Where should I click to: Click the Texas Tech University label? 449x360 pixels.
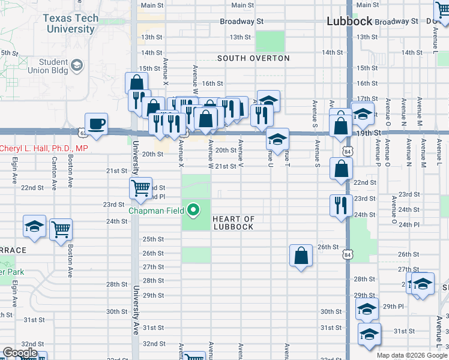click(x=70, y=23)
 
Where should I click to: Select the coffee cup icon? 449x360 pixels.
click(x=97, y=124)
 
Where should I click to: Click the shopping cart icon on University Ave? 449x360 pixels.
click(x=141, y=187)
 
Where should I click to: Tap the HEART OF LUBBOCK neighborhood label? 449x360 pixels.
click(x=233, y=223)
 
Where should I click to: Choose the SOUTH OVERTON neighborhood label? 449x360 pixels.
click(x=253, y=58)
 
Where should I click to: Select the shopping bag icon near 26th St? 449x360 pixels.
click(x=301, y=256)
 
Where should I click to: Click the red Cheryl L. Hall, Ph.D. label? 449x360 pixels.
click(x=43, y=148)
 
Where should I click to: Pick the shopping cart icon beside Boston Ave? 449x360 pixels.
click(x=61, y=229)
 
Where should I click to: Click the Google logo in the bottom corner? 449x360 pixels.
click(x=20, y=353)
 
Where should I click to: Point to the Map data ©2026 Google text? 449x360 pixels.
click(x=412, y=355)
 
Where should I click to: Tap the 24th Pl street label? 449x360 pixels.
click(x=408, y=224)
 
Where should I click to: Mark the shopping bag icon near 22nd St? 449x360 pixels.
click(x=341, y=169)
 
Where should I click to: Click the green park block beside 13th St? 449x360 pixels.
click(x=270, y=41)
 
